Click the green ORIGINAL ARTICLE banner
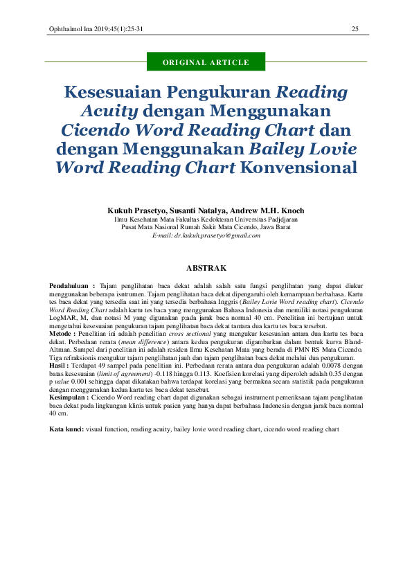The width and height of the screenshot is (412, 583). click(206, 63)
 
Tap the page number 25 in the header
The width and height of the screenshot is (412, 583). click(355, 28)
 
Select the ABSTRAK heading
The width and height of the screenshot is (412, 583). click(206, 267)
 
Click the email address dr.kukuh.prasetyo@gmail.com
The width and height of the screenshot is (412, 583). click(206, 235)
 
